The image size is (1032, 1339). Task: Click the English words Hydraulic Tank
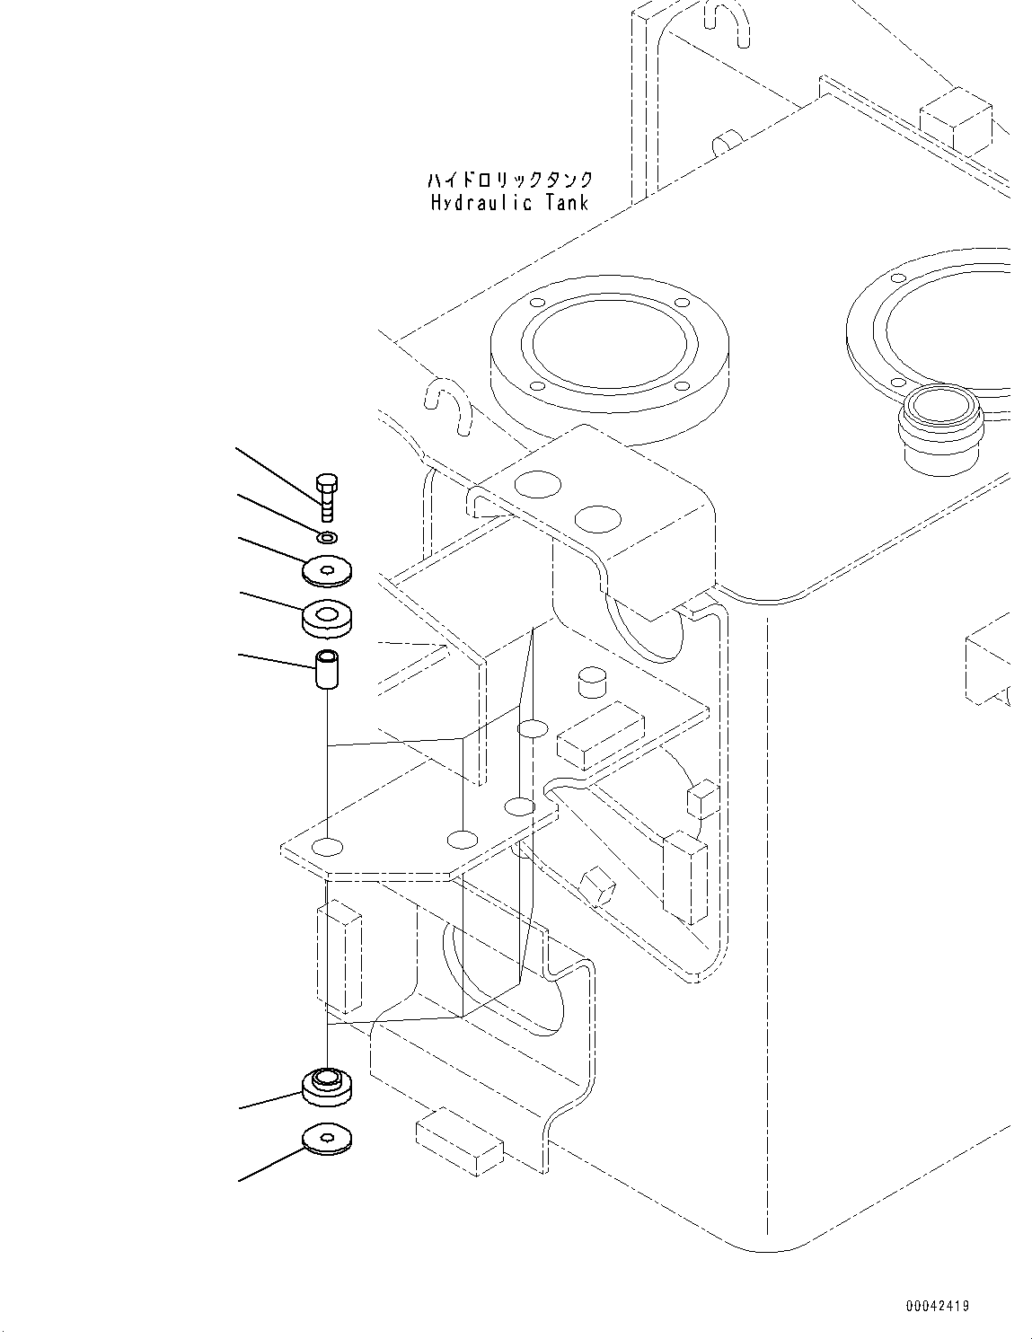[509, 203]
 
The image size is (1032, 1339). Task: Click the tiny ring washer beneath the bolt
[328, 538]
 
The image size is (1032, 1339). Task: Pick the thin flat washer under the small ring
[327, 570]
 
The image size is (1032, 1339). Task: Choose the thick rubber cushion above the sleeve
[327, 617]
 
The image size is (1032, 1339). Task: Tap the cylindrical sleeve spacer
[327, 671]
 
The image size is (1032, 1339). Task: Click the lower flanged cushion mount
[327, 1085]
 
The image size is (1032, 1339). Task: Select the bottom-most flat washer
[327, 1138]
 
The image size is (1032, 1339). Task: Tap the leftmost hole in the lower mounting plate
[329, 846]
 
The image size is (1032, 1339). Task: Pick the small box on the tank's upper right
[956, 117]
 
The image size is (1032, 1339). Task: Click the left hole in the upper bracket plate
[538, 486]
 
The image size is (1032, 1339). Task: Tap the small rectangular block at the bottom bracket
[459, 1140]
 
